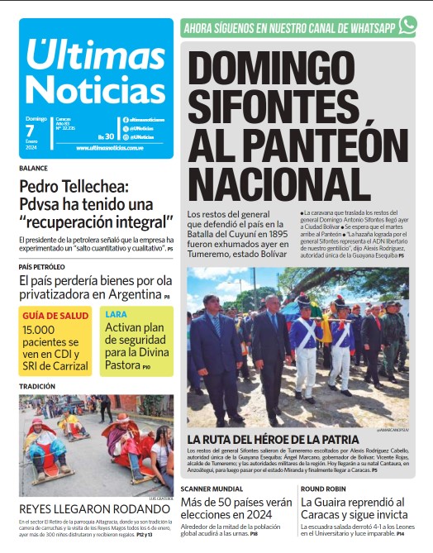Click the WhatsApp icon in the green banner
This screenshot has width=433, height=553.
[x=407, y=26]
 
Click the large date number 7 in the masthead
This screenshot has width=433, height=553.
[x=30, y=131]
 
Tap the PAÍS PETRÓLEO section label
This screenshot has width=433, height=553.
[x=41, y=267]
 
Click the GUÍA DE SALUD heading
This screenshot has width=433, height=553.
[x=55, y=316]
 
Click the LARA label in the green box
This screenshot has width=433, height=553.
[x=116, y=315]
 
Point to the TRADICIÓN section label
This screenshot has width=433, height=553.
[x=37, y=386]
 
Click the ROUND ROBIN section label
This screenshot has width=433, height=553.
[x=326, y=489]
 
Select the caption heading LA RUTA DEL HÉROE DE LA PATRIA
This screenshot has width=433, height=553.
[x=273, y=439]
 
